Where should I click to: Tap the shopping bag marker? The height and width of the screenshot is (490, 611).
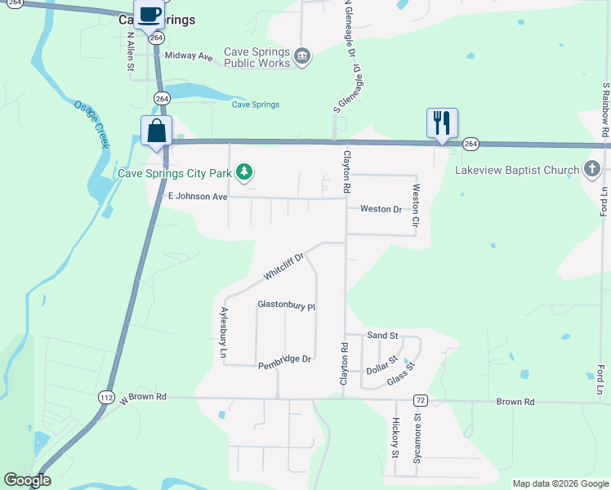coord(156,131)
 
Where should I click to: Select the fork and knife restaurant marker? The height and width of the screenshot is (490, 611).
coord(442,123)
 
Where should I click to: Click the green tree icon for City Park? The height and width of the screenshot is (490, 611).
coord(243,171)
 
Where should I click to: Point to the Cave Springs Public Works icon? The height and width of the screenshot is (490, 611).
coord(302,56)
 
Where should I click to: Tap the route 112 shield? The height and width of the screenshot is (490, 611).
coord(106,397)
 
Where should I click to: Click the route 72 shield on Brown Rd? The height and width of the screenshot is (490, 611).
coord(420,400)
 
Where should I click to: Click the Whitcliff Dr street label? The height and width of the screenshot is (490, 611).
coord(283,267)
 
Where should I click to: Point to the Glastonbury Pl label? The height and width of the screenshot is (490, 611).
coord(286,305)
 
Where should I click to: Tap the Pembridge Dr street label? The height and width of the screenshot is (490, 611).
coord(285,359)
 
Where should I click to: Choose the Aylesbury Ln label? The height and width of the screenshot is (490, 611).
coord(222,333)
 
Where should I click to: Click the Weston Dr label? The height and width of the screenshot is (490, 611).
coord(381,209)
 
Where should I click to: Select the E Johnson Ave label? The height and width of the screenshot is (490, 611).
coord(198,197)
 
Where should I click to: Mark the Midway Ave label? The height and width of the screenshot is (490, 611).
coord(189,56)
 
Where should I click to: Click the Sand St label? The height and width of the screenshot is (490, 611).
coord(382,336)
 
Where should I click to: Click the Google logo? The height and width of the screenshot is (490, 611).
coord(28,480)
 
